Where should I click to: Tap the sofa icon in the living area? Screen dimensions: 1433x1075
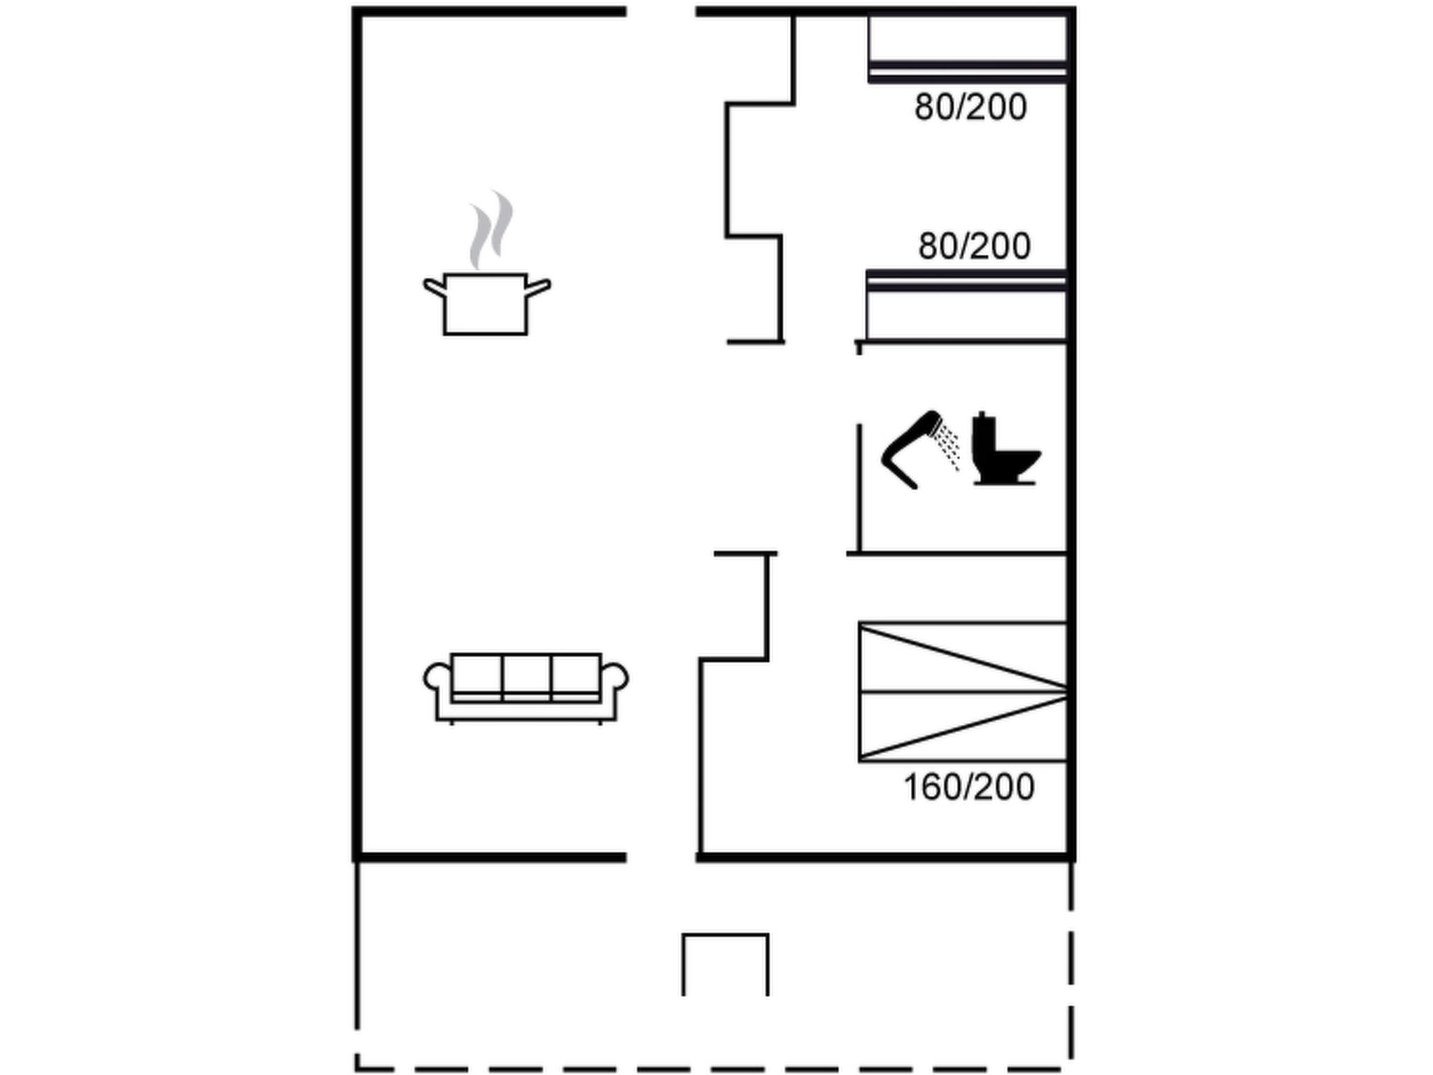[x=525, y=688]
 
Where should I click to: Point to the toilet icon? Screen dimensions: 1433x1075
[x=1005, y=449]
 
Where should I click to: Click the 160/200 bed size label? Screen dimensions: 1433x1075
[x=969, y=787]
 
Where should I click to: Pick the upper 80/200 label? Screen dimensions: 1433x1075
[x=970, y=108]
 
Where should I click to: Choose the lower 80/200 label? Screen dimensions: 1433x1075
[x=974, y=246]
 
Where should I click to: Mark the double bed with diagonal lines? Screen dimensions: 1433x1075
[x=963, y=691]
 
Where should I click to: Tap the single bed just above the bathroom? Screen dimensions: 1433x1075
[x=966, y=306]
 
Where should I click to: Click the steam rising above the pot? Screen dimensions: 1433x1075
[x=490, y=230]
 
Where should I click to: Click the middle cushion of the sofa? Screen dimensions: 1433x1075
[x=526, y=674]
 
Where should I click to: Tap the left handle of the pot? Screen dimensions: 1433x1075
[x=435, y=288]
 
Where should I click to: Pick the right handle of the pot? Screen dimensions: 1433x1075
[x=538, y=288]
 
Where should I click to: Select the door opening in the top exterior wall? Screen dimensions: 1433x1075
[x=661, y=12]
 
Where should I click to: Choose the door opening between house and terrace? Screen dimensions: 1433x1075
[x=661, y=857]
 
